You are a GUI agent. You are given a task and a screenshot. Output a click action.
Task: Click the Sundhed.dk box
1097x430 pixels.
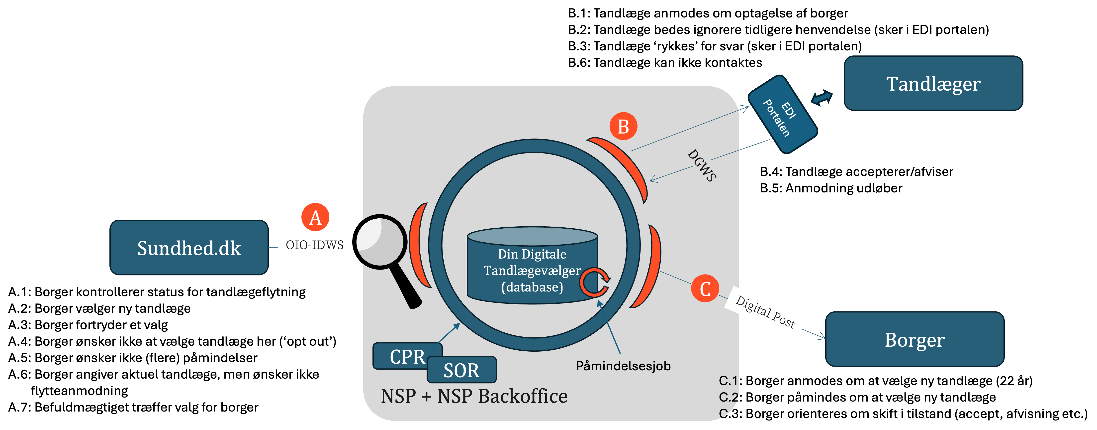pyautogui.click(x=189, y=248)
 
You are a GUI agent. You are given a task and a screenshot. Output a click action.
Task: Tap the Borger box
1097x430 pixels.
pyautogui.click(x=914, y=339)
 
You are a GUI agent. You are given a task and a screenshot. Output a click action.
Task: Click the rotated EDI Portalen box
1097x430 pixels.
pyautogui.click(x=782, y=114)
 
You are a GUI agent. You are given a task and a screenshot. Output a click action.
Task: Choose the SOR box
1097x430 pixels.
pyautogui.click(x=461, y=370)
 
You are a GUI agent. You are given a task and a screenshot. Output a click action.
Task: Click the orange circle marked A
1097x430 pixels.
pyautogui.click(x=315, y=217)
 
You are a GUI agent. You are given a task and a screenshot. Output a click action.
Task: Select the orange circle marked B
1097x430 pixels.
pyautogui.click(x=623, y=126)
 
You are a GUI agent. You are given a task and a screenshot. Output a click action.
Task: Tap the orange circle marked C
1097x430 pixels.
pyautogui.click(x=705, y=288)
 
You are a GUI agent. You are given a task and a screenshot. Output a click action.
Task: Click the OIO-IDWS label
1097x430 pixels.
pyautogui.click(x=315, y=245)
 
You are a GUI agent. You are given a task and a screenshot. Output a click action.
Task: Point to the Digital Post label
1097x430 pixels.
pyautogui.click(x=765, y=312)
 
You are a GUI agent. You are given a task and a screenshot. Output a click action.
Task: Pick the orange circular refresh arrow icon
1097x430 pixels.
pyautogui.click(x=595, y=282)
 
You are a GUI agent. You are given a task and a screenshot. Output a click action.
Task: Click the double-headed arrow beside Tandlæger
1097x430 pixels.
pyautogui.click(x=822, y=98)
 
